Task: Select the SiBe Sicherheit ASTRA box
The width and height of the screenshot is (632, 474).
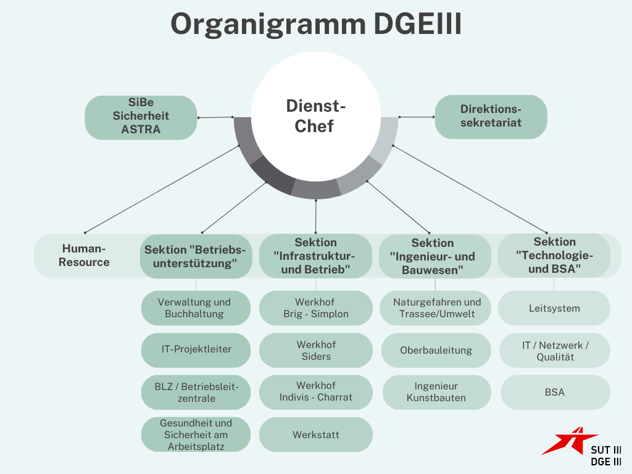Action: click(141, 116)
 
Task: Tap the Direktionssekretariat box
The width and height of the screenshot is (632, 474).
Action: click(491, 116)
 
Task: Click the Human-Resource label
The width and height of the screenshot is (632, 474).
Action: click(85, 256)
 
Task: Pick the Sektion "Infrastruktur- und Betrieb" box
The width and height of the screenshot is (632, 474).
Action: click(315, 256)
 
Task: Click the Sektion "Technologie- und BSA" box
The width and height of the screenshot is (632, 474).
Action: click(554, 255)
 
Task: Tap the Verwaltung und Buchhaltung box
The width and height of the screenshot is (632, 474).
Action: click(196, 308)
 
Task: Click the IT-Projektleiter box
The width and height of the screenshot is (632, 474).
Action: click(196, 349)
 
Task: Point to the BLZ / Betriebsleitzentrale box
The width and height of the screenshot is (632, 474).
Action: click(196, 392)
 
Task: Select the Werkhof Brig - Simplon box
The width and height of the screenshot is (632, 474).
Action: click(315, 308)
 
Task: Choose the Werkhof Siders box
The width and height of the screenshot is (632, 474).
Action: click(315, 350)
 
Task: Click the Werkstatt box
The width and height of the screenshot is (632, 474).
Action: click(315, 434)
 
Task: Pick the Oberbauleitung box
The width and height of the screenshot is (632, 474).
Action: click(436, 350)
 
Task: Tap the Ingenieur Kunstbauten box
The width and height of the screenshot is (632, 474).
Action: click(436, 392)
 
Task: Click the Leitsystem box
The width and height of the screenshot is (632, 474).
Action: click(554, 308)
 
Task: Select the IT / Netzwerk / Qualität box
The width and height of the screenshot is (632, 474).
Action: click(555, 351)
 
